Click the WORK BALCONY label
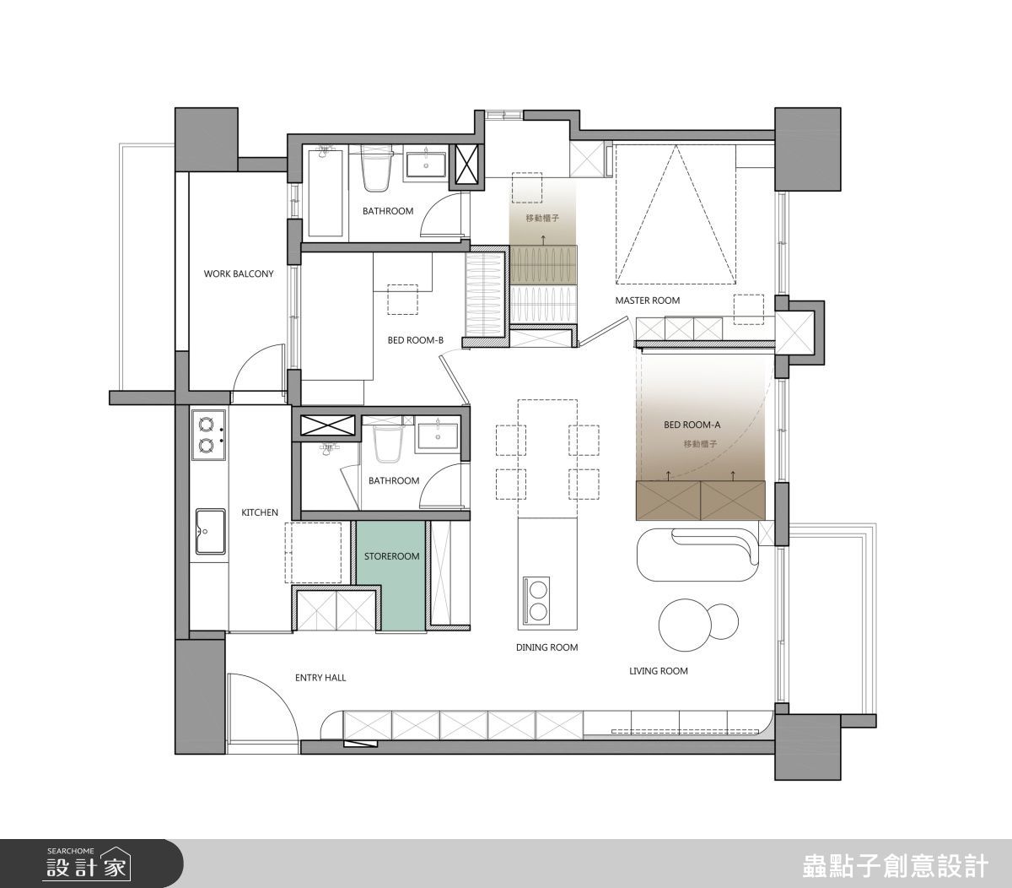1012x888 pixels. [239, 274]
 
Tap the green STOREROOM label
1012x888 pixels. [391, 556]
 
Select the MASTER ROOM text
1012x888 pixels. [648, 301]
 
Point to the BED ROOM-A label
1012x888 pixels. [692, 425]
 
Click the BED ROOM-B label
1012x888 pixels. [416, 340]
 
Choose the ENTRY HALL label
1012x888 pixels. [320, 678]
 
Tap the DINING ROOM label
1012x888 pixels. [547, 647]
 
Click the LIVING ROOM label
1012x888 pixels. [659, 671]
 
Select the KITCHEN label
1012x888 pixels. [260, 512]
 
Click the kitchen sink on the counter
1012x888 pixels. [210, 532]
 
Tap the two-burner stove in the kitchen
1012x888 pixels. [209, 435]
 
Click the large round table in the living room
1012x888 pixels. [685, 625]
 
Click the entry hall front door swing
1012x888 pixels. [263, 712]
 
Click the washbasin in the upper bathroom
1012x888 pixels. [426, 164]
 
